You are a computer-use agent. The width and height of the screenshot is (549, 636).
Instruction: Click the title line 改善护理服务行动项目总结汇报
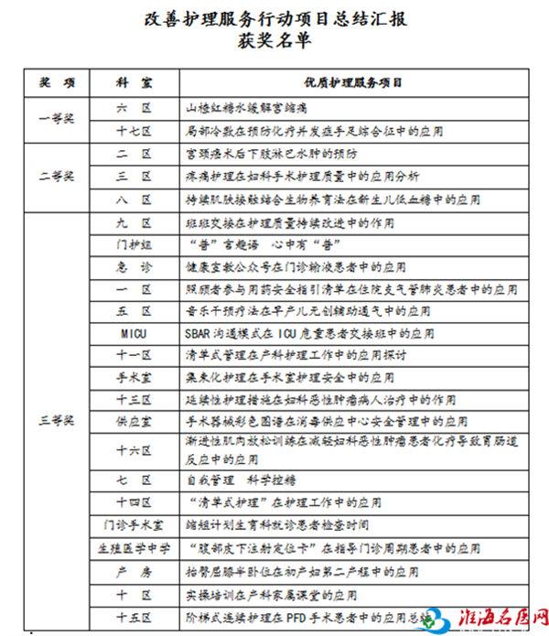click(x=274, y=19)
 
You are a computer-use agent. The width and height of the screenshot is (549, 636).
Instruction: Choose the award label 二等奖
click(x=56, y=175)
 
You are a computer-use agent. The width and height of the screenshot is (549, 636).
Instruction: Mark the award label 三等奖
click(x=56, y=420)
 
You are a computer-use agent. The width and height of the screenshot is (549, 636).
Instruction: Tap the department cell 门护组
click(x=134, y=245)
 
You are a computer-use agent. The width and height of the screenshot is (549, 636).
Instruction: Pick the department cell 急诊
click(x=134, y=267)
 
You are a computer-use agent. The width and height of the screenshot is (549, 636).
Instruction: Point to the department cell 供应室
click(x=134, y=421)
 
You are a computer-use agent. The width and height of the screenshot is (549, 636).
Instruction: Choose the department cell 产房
click(x=134, y=572)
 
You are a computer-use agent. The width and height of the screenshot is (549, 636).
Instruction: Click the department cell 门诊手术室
click(x=134, y=524)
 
